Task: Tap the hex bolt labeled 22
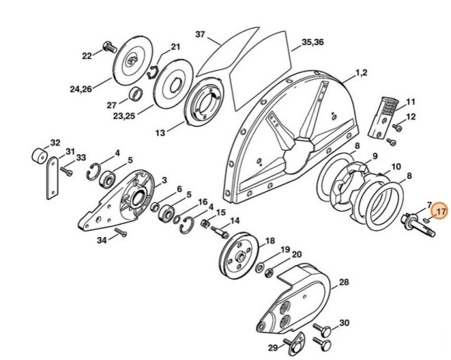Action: (110, 47)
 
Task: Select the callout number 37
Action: (200, 34)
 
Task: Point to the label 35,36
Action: (313, 42)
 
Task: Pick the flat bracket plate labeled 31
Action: (52, 178)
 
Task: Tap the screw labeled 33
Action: (66, 171)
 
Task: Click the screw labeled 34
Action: (121, 232)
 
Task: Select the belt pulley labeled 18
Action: (238, 255)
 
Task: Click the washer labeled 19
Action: (260, 267)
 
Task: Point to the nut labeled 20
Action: (269, 272)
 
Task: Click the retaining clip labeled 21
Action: (152, 72)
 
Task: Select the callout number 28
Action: (344, 282)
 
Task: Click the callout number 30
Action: (344, 323)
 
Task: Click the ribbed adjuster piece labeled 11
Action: (383, 117)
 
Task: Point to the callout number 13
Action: (160, 133)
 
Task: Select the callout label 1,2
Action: (362, 73)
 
